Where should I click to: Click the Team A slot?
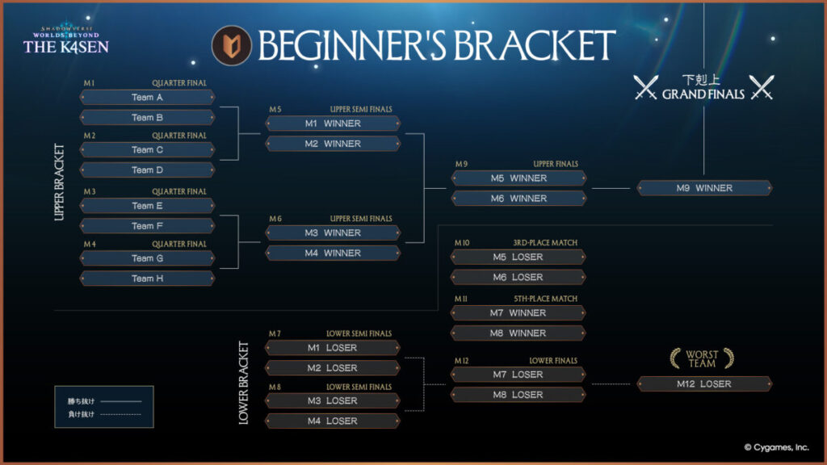(x=147, y=97)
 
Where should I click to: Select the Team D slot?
(x=147, y=170)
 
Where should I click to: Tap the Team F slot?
(x=147, y=226)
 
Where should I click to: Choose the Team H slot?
(x=147, y=279)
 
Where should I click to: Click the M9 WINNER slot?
(x=704, y=188)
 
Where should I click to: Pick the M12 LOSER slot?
(x=704, y=384)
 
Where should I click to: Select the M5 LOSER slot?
(x=518, y=257)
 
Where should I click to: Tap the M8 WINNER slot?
(x=518, y=333)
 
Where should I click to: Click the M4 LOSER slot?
(x=332, y=421)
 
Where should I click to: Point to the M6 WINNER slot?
(x=518, y=198)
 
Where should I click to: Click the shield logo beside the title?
(x=229, y=46)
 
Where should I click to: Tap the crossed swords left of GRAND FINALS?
(x=646, y=87)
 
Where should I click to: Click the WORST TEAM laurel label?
(x=702, y=358)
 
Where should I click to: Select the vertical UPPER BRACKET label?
(x=59, y=182)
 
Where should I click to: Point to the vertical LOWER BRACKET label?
(x=244, y=383)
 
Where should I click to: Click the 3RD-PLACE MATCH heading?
(x=545, y=242)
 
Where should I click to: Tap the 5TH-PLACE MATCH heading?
(x=545, y=299)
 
